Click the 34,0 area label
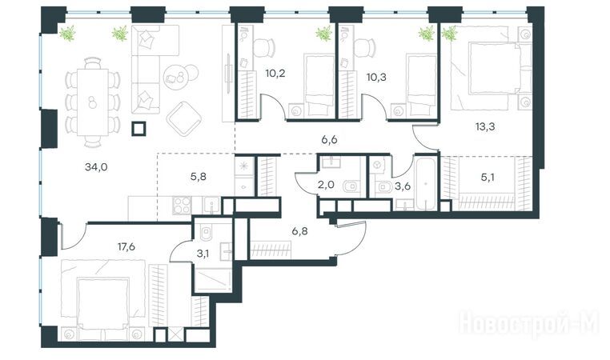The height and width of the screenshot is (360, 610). point(96,167)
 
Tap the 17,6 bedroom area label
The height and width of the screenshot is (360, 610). point(126,246)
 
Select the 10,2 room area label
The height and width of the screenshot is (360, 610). point(275,73)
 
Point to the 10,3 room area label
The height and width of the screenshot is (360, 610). point(376,77)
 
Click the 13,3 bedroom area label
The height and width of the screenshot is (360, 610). point(485,126)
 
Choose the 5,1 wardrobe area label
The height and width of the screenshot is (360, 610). point(488,178)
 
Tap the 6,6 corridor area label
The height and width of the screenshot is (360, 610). point(329,140)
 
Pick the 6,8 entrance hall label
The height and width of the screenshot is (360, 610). point(299,231)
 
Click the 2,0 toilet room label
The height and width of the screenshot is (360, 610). point(326,185)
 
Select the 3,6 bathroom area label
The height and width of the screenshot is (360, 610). point(403,186)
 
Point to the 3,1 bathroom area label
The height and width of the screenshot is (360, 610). point(203,254)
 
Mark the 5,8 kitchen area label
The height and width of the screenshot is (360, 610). point(198,177)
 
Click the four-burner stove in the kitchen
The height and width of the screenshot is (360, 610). point(182,206)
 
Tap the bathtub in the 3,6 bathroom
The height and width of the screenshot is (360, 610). point(427,182)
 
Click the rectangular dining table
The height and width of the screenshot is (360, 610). point(93,102)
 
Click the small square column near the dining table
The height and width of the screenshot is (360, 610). point(138,128)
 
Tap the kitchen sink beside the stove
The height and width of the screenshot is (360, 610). point(211,206)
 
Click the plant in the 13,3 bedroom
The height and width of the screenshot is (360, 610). point(450,34)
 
